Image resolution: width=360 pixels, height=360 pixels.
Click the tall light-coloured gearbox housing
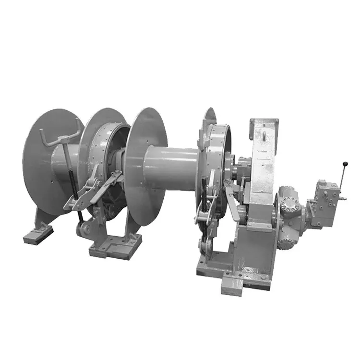263,168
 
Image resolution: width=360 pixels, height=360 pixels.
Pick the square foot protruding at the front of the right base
233,286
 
